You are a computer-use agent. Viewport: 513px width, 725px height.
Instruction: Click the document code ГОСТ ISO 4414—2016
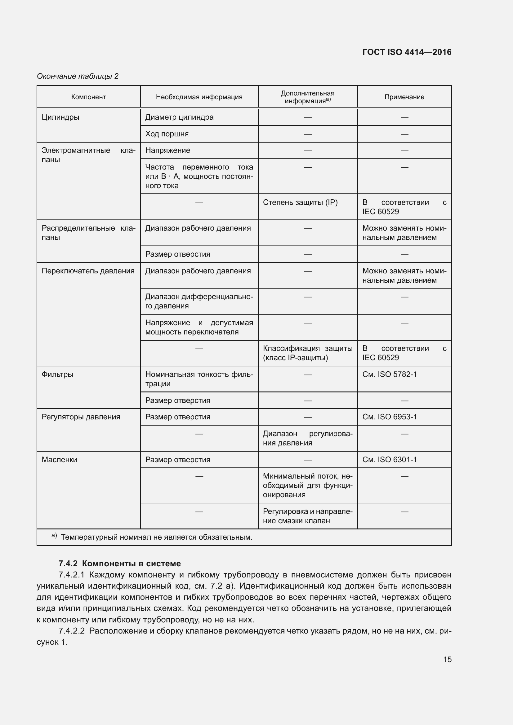coord(407,52)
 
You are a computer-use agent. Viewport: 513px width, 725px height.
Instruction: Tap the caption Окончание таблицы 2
coord(78,76)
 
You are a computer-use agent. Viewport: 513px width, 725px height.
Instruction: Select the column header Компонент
coord(88,97)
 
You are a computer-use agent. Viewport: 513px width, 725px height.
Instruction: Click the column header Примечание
coord(404,97)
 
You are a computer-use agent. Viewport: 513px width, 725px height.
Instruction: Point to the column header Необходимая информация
coord(199,97)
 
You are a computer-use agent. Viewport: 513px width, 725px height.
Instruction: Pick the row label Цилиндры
coord(60,117)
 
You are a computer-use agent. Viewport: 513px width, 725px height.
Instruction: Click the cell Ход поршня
coord(167,134)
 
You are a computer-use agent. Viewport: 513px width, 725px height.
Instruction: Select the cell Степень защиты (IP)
coord(300,202)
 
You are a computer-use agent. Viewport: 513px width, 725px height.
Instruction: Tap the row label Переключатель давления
coord(88,271)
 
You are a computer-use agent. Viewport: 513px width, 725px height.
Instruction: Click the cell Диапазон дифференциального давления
coord(199,301)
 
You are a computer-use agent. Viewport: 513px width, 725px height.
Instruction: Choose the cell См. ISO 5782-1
coord(390,374)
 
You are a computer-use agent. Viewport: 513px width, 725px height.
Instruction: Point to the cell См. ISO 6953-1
coord(390,417)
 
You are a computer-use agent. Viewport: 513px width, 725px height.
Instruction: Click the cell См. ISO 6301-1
coord(390,459)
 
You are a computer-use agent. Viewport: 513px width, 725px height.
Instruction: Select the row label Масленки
coord(59,459)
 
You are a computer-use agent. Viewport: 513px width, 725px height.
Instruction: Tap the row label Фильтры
coord(57,374)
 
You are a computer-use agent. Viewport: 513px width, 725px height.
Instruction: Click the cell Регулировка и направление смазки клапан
coord(307,516)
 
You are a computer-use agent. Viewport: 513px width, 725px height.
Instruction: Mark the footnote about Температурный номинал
coord(156,537)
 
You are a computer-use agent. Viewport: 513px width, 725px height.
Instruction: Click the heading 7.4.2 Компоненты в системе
coord(119,563)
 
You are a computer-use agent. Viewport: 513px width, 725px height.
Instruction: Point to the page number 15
coord(447,659)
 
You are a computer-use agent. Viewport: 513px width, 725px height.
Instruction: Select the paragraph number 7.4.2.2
coord(72,631)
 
